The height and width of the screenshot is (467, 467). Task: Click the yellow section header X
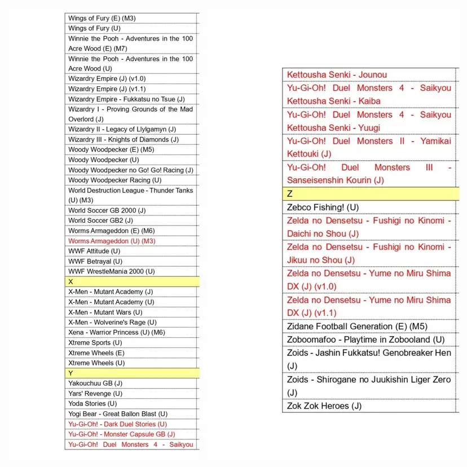tap(133, 281)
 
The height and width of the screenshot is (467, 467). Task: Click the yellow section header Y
tap(133, 373)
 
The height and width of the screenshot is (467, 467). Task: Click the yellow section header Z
tap(369, 193)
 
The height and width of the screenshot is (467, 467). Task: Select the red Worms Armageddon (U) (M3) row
tap(112, 241)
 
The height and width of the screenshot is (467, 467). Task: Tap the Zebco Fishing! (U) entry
tap(323, 207)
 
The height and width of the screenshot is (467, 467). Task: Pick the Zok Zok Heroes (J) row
tap(324, 406)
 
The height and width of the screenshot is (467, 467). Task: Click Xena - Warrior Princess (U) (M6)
tap(117, 332)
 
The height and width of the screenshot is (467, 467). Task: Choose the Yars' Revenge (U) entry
tap(95, 393)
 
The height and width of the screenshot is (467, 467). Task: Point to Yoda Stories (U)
tap(92, 403)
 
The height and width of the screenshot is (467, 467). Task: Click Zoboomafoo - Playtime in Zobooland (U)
tap(365, 340)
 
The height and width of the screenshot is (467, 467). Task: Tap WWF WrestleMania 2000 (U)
tap(112, 271)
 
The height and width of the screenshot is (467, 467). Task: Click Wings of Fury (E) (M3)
tap(102, 18)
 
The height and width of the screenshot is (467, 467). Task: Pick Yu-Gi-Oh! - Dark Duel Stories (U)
tap(117, 424)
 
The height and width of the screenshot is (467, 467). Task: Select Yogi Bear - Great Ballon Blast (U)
tap(118, 413)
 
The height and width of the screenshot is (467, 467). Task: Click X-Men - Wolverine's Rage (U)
tap(112, 322)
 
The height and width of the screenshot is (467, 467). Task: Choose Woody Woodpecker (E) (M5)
tap(111, 149)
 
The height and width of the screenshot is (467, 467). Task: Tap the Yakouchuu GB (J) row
tap(95, 383)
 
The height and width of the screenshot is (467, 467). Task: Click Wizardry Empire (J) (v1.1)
tap(107, 89)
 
